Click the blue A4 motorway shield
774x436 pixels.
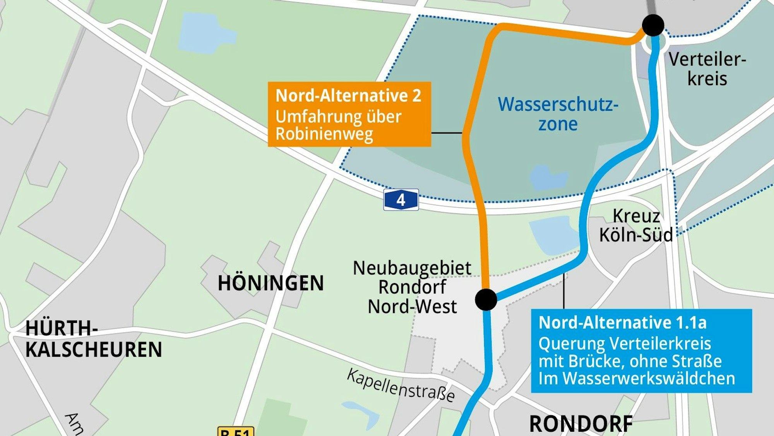point(401,200)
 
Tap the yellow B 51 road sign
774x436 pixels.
point(236,431)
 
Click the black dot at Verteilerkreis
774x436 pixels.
point(653,25)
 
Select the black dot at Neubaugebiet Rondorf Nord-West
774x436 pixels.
point(486,299)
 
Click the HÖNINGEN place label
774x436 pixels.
point(271,283)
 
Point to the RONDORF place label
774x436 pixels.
point(580,424)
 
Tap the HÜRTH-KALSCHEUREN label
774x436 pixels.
point(93,339)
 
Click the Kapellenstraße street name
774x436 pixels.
point(401,386)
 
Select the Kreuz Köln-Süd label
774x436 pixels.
point(636,225)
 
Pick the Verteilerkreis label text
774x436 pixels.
point(707,69)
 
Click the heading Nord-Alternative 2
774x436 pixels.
point(348,96)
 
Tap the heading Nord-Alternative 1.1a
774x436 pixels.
point(622,323)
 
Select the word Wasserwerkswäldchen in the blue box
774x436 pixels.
point(649,378)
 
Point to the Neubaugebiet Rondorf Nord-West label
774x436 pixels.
point(412,287)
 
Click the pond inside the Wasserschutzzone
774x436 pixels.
point(548,178)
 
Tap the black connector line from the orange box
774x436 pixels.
point(447,133)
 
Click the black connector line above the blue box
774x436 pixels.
point(564,291)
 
